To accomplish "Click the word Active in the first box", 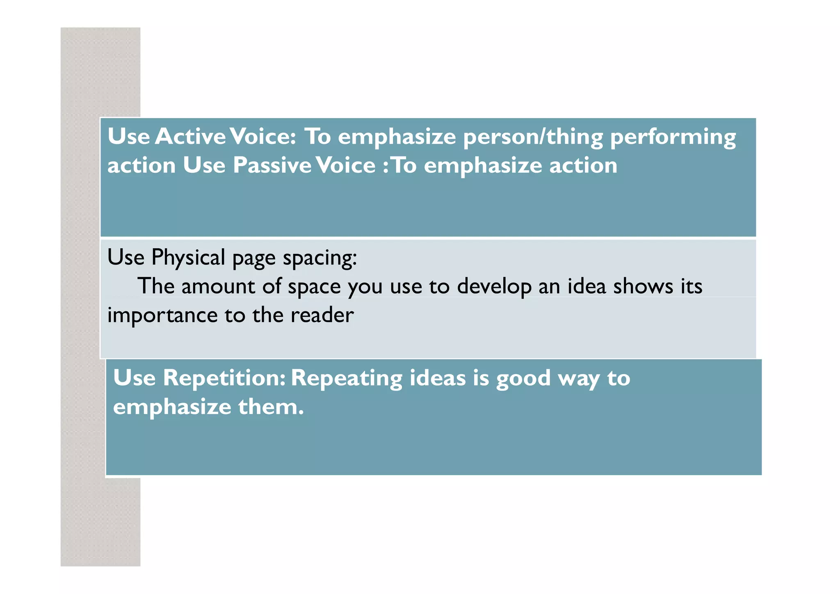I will pos(190,137).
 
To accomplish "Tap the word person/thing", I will pos(533,137).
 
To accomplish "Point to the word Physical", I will pos(188,258).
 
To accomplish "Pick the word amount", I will pos(218,286).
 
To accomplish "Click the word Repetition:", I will pos(224,378).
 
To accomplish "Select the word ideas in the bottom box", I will pos(438,378).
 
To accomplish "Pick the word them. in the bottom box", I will pos(271,407).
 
